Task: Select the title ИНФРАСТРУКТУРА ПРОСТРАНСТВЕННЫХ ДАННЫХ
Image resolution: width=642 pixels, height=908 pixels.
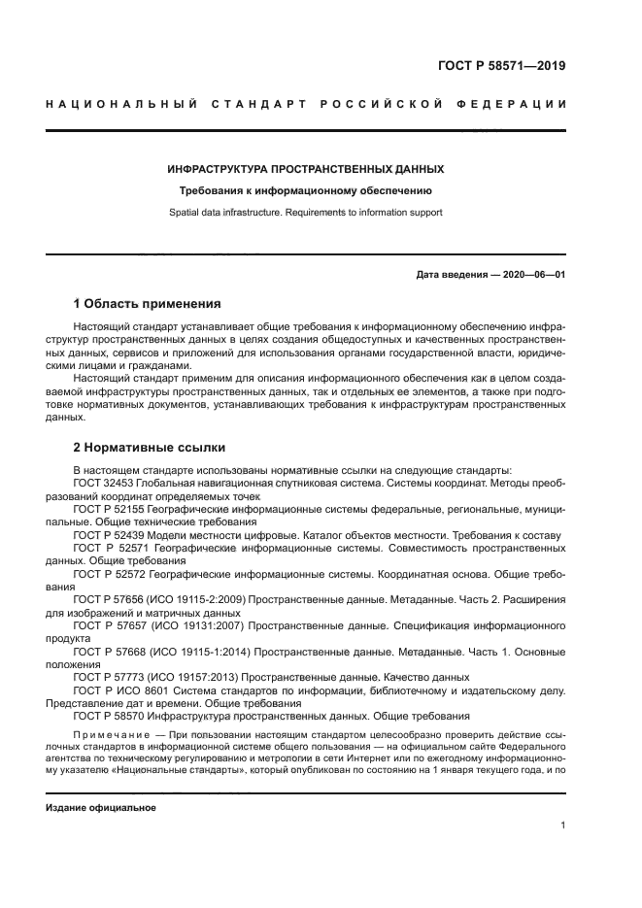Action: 306,169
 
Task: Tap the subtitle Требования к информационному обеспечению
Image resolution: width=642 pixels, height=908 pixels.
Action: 306,191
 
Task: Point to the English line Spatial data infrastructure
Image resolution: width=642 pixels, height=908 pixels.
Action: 306,212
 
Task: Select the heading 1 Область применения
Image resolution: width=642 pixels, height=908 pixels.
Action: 147,303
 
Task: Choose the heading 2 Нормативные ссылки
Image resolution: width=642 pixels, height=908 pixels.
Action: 150,448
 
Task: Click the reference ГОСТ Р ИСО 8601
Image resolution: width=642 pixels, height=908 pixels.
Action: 120,690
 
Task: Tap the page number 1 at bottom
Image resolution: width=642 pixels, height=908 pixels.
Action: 562,825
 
